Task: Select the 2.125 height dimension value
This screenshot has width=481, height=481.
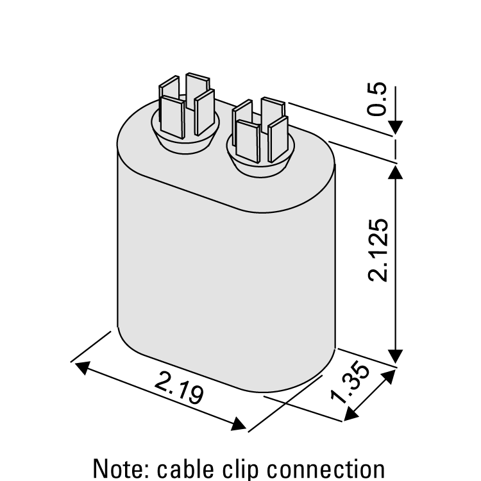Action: click(378, 249)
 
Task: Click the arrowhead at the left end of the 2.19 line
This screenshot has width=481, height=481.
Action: click(82, 366)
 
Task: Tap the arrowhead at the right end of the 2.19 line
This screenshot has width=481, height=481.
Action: click(239, 425)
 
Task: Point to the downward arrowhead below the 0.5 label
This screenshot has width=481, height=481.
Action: click(396, 127)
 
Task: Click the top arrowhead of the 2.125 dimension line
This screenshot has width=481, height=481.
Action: click(396, 170)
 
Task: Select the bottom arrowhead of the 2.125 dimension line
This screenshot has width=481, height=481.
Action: click(396, 357)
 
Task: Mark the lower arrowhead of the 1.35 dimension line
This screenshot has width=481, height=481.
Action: click(350, 415)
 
